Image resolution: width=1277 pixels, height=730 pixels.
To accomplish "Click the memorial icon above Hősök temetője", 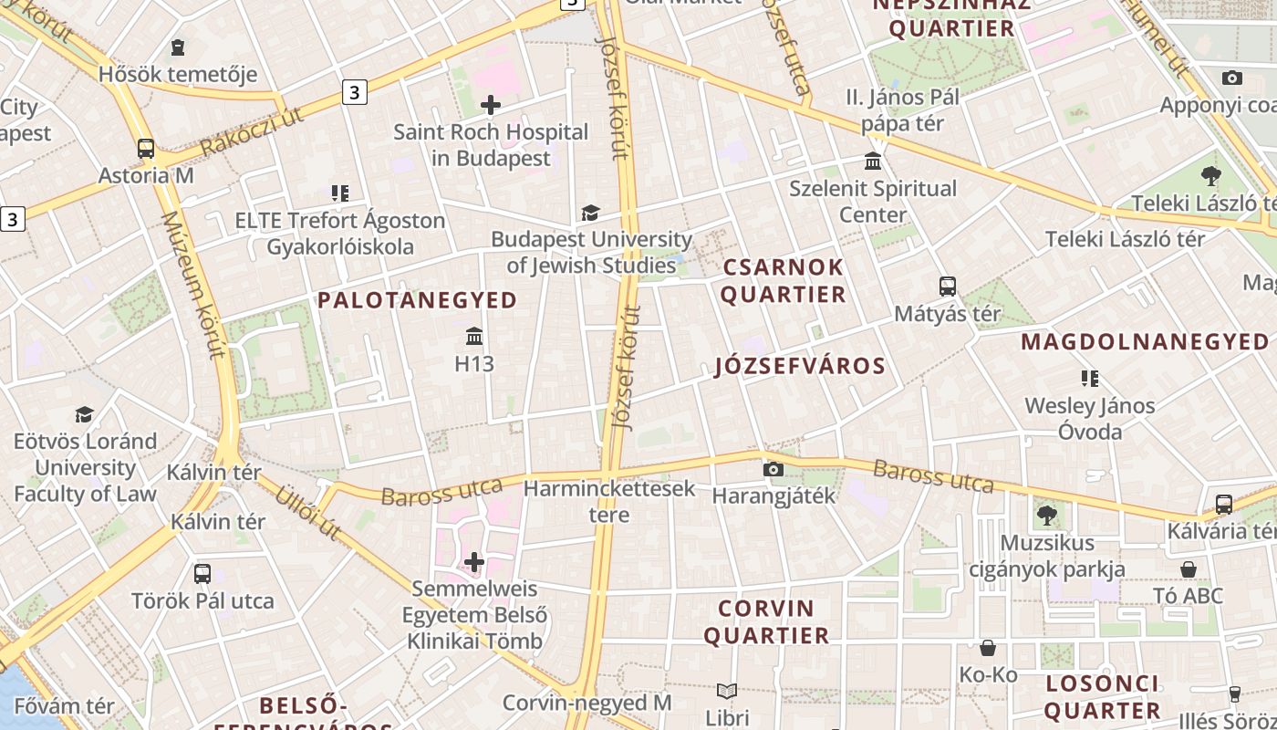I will [x=178, y=47].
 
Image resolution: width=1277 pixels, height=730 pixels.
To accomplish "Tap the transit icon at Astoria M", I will [x=146, y=149].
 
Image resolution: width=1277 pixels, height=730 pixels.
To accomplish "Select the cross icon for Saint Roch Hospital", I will [x=491, y=105].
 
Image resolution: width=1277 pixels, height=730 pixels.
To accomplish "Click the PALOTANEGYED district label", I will [x=417, y=300].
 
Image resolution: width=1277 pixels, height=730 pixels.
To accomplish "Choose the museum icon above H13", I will [x=474, y=337].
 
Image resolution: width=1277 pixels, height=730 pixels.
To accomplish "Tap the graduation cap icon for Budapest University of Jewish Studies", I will [x=590, y=213].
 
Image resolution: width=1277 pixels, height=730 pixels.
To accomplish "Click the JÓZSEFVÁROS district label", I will [x=800, y=366].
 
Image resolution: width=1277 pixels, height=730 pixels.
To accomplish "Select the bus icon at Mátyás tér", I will [x=948, y=287].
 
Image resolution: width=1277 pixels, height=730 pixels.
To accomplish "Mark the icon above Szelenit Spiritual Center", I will [x=874, y=162].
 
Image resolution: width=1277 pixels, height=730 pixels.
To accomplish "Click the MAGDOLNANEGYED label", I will [x=1144, y=342].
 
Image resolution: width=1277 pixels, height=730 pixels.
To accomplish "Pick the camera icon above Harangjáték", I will [x=773, y=469].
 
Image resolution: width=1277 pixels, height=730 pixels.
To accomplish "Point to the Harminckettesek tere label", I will [x=609, y=501].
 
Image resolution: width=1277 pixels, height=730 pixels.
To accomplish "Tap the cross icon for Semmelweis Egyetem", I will [x=474, y=561].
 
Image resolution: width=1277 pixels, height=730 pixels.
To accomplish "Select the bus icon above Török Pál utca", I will [x=202, y=574].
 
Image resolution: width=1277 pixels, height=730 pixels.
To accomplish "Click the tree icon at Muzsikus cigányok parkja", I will [x=1047, y=516].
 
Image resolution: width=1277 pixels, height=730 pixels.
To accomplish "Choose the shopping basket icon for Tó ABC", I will [x=1189, y=569].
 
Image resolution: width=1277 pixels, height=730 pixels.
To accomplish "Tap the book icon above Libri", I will [x=727, y=691].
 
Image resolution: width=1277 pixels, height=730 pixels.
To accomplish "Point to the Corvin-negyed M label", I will [x=587, y=703].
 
